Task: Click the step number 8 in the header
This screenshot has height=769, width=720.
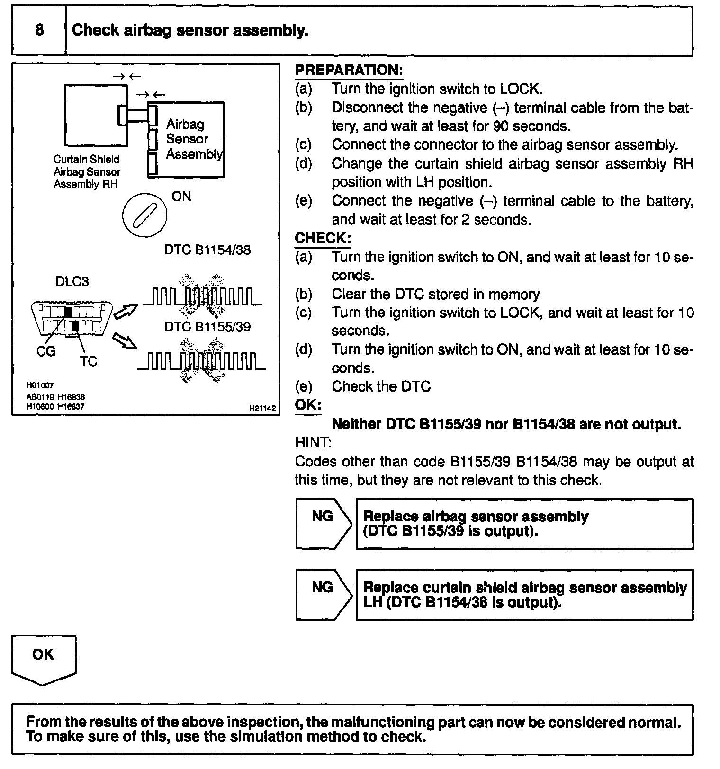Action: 39,30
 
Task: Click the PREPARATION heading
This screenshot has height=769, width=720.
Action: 349,70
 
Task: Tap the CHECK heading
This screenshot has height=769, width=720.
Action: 323,238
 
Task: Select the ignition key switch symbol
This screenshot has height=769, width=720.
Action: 144,215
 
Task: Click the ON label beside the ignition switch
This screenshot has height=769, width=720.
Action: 181,197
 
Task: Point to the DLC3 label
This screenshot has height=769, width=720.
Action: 72,281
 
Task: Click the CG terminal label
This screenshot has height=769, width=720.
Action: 46,351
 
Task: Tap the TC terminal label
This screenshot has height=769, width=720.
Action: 89,361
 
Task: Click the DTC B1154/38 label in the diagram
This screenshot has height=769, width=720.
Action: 207,250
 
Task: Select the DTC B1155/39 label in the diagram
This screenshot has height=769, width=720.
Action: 207,327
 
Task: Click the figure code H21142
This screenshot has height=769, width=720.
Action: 262,408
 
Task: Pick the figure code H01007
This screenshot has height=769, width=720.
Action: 40,385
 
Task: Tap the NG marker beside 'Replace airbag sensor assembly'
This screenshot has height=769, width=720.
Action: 323,517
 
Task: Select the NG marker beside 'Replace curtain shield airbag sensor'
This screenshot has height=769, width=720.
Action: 323,588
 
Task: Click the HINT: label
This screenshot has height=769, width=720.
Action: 313,443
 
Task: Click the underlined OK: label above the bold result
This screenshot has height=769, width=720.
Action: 308,405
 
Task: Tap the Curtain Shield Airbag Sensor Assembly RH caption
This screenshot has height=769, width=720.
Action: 87,172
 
